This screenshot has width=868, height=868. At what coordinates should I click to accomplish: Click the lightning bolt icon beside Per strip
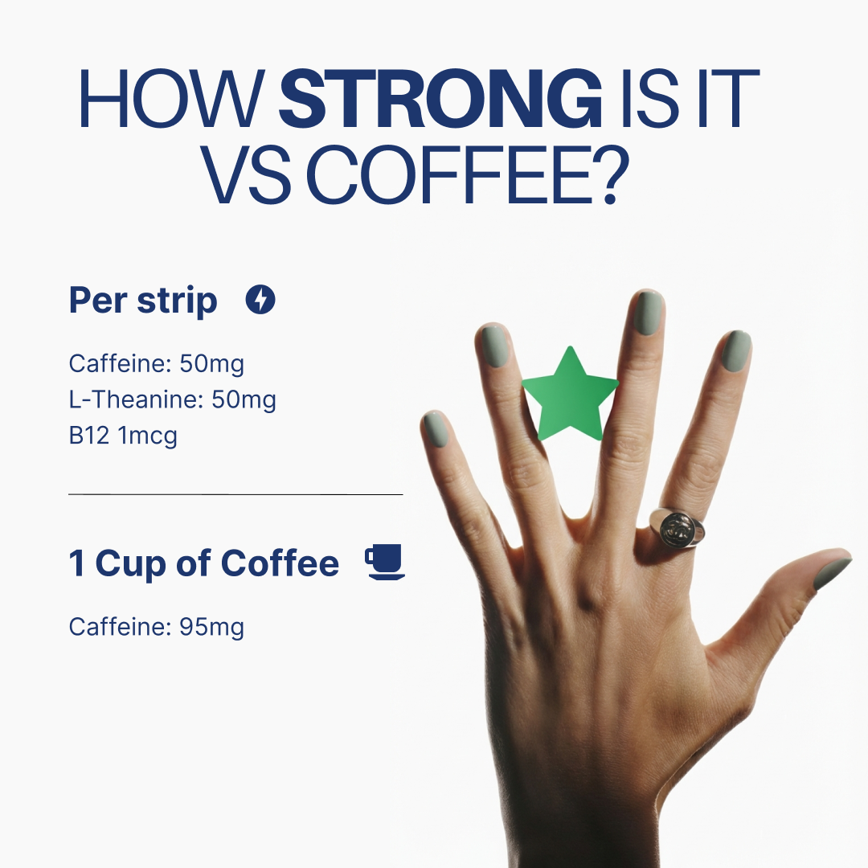pyautogui.click(x=260, y=301)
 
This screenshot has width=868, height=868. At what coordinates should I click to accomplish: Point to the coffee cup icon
pyautogui.click(x=385, y=562)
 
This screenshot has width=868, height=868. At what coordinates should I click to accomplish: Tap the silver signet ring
pyautogui.click(x=677, y=526)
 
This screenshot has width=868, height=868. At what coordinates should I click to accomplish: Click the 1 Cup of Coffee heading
pyautogui.click(x=204, y=563)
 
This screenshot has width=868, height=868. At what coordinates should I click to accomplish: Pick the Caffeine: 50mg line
pyautogui.click(x=157, y=364)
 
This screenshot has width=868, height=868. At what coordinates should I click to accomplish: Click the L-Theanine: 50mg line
pyautogui.click(x=173, y=400)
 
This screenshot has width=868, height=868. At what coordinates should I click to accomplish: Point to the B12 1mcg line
pyautogui.click(x=123, y=436)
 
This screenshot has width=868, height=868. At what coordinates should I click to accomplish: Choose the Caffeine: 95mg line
pyautogui.click(x=157, y=626)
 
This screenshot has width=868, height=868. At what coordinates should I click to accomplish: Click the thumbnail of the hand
pyautogui.click(x=831, y=571)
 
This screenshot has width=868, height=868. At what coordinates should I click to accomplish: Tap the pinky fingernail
pyautogui.click(x=436, y=430)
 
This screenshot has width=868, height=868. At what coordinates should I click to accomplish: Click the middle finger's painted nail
pyautogui.click(x=649, y=313)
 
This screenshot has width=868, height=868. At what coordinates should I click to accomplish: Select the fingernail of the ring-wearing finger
pyautogui.click(x=735, y=351)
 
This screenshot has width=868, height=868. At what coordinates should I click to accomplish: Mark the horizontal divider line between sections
pyautogui.click(x=235, y=495)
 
